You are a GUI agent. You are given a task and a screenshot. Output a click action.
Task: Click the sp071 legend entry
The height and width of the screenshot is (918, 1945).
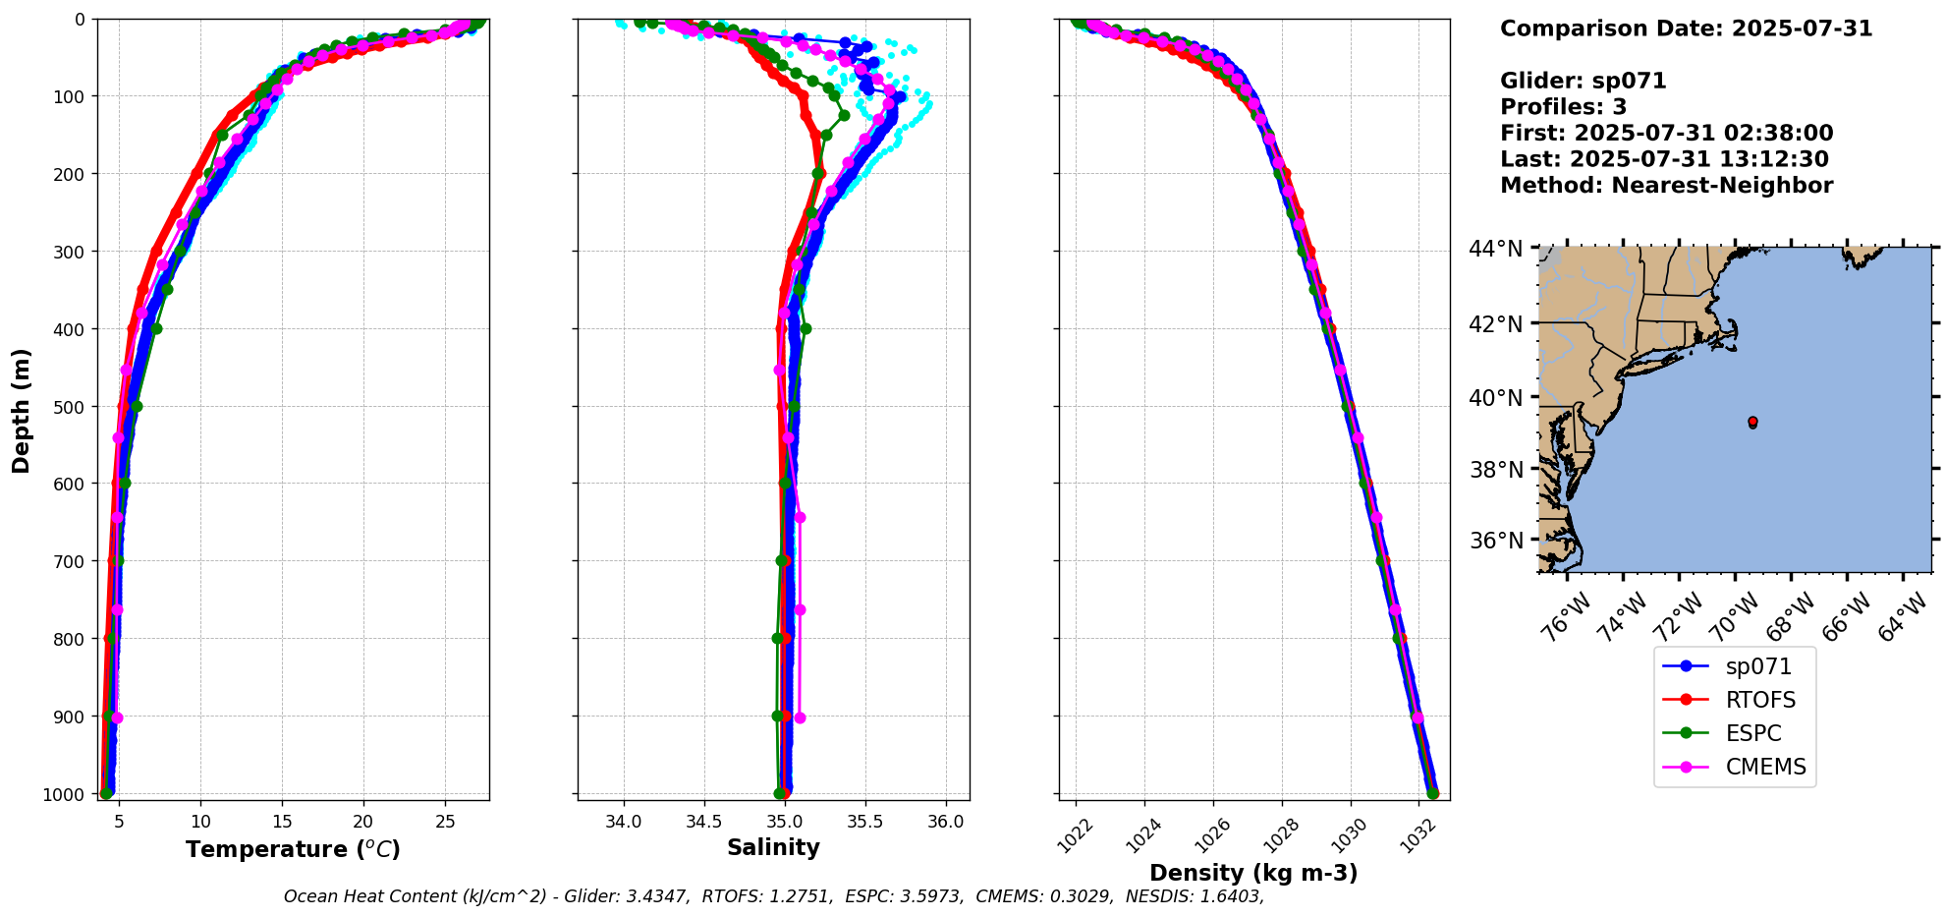coord(1757,666)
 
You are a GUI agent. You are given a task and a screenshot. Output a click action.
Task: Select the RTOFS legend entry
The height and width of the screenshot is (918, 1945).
coord(1759,700)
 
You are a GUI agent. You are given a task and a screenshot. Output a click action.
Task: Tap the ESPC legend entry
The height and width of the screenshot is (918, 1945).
coord(1752,733)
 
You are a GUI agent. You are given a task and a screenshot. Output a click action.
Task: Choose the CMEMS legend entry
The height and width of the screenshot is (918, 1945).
coord(1765,767)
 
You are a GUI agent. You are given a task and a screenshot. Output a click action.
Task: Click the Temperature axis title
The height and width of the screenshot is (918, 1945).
coord(293,849)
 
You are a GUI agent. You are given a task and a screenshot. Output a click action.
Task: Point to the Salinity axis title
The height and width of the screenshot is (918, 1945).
coord(773,847)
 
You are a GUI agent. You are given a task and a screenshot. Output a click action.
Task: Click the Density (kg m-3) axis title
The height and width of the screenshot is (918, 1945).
coord(1253,873)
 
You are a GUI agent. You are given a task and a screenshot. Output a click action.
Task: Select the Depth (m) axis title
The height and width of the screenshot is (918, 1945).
coord(22,410)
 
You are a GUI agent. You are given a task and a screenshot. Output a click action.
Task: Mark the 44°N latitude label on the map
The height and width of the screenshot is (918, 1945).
coord(1495,249)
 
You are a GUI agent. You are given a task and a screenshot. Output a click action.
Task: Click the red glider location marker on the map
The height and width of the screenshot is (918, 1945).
coord(1752,421)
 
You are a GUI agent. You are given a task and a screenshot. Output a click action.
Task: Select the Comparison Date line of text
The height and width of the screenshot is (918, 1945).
coord(1686,29)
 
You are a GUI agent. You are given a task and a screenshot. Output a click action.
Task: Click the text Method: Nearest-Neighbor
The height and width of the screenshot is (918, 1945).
coord(1666,186)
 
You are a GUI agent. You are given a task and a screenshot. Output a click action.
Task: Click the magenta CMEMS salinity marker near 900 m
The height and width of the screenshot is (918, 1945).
coord(800,717)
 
